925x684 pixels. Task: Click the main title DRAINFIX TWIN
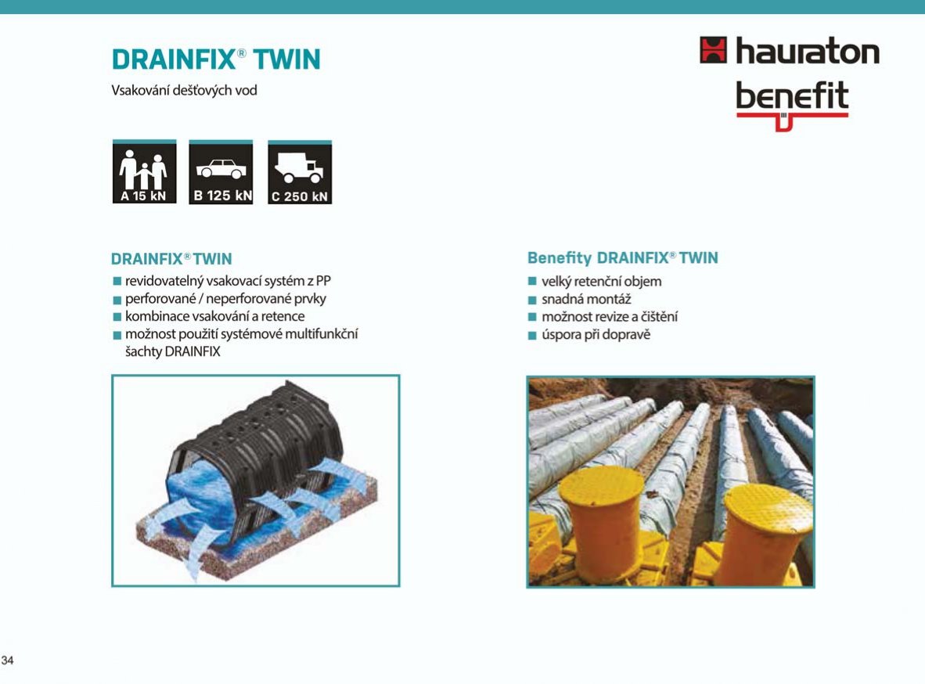click(216, 59)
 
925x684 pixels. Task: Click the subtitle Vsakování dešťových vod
click(184, 91)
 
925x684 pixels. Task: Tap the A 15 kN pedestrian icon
click(145, 172)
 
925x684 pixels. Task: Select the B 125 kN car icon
click(221, 172)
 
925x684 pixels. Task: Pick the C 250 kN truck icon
click(300, 172)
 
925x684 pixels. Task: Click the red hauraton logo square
click(713, 49)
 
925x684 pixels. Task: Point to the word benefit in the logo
click(792, 95)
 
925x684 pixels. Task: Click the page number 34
click(8, 660)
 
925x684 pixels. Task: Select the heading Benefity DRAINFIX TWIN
click(623, 258)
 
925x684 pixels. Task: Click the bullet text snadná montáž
click(586, 299)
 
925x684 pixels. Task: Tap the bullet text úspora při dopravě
click(596, 335)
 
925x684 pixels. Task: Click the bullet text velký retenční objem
click(602, 282)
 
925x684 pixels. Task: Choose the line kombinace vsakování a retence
click(214, 316)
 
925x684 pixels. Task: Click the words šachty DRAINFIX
click(173, 351)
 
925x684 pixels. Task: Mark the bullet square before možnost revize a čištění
click(532, 317)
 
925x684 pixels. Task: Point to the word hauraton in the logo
click(808, 51)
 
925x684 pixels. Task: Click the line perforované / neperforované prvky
click(225, 299)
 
